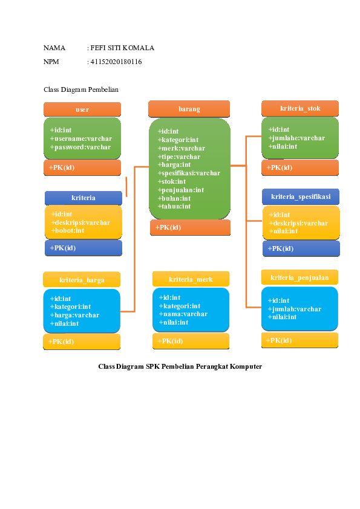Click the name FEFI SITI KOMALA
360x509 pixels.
pos(122,48)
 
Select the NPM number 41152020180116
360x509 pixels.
pos(116,62)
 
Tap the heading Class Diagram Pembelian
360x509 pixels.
pos(81,89)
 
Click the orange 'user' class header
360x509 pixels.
pos(82,109)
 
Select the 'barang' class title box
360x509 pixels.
pos(189,109)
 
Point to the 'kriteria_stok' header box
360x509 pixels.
pos(300,109)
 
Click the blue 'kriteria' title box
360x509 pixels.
pos(83,198)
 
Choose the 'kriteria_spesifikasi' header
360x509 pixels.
pos(301,196)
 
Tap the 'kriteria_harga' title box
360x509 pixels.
pos(82,280)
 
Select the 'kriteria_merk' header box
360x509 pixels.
pos(191,279)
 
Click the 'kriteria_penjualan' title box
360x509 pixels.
pos(299,277)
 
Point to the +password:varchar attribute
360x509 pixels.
pos(81,147)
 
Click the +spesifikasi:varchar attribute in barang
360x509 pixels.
pos(189,173)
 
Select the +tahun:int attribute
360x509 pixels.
pos(174,206)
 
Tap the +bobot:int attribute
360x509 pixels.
pos(68,230)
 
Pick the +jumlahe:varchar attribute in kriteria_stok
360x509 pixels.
pos(296,138)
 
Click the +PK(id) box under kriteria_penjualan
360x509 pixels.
pos(299,340)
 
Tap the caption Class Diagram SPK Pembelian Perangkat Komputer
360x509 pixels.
pos(180,366)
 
